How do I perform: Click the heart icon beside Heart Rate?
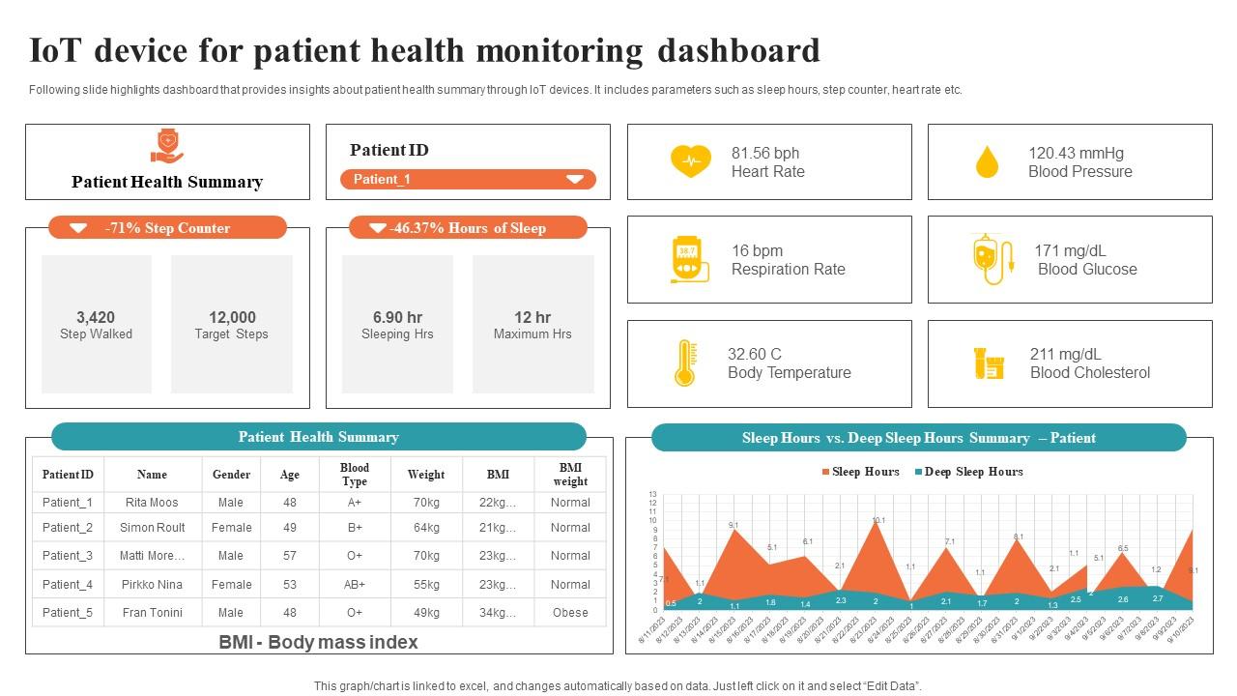[x=690, y=161]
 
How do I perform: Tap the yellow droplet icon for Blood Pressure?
[x=987, y=162]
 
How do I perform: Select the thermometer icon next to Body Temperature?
[x=684, y=363]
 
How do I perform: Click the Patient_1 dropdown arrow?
[x=575, y=179]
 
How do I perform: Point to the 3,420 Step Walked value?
[x=96, y=317]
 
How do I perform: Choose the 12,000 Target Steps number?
[x=232, y=317]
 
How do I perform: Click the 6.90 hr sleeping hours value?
[x=397, y=317]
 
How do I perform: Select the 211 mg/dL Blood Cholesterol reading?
[x=1065, y=354]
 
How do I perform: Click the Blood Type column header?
[x=355, y=475]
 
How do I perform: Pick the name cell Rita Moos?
[x=152, y=503]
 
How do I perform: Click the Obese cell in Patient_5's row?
[x=570, y=613]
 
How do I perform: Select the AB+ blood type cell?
[x=355, y=585]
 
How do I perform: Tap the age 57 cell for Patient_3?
[x=290, y=556]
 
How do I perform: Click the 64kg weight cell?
[x=426, y=528]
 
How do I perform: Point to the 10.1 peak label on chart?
[x=878, y=521]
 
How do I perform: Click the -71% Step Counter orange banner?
[x=168, y=228]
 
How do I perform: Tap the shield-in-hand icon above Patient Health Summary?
[x=167, y=147]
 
